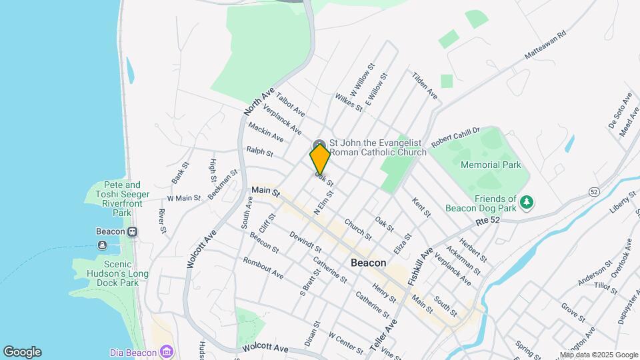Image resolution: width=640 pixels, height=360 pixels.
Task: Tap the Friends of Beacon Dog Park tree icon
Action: [527, 201]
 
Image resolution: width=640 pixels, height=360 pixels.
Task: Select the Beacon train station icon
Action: [133, 231]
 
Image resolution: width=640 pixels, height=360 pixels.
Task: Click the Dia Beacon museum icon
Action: [166, 352]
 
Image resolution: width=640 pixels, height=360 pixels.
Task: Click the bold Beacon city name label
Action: [368, 263]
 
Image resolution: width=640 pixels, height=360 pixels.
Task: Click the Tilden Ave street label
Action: [425, 86]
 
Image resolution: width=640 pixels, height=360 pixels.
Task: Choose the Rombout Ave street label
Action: [263, 268]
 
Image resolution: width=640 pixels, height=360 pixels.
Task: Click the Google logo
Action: [22, 352]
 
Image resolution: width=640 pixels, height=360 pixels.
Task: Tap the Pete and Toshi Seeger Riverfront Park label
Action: [113, 199]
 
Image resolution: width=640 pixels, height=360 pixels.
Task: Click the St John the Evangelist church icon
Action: [319, 145]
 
